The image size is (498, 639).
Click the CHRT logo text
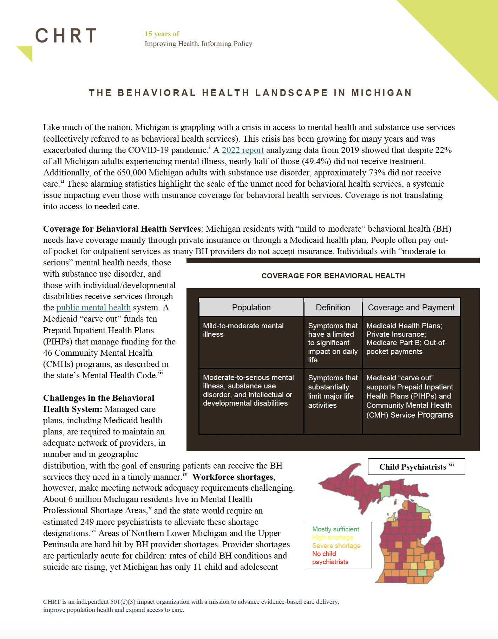[x=66, y=35]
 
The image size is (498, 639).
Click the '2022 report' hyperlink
[x=242, y=150]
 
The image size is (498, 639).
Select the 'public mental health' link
[x=93, y=308]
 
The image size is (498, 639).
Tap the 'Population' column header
[x=251, y=308]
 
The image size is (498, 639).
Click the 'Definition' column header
[x=333, y=308]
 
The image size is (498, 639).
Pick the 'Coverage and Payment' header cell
[x=411, y=308]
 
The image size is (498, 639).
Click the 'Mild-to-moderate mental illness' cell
[x=243, y=330]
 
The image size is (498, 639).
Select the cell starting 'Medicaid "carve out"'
[x=409, y=396]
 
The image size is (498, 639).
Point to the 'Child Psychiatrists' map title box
[x=416, y=467]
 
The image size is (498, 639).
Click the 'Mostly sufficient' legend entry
[x=335, y=529]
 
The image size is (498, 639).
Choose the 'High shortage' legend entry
[x=333, y=537]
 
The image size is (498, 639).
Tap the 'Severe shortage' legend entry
[x=336, y=546]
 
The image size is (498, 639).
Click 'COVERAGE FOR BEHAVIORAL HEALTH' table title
[x=333, y=276]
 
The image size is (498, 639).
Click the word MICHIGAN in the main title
[x=381, y=93]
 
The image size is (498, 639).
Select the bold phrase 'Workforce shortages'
[x=233, y=477]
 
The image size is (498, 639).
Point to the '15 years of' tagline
[x=162, y=34]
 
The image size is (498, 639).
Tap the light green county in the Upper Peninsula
[x=385, y=491]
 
